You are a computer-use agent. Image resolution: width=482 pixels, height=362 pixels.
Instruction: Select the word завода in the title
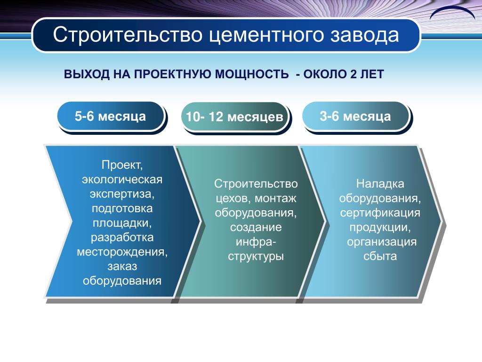coord(365,35)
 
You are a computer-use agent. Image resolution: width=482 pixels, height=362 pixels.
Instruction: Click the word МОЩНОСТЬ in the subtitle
coord(251,74)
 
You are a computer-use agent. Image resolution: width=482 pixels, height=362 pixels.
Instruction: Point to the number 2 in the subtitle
coord(353,74)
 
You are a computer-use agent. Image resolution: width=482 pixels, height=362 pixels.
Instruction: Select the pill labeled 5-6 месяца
coord(111,117)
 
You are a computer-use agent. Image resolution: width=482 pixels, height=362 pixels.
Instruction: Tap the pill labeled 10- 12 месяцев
coord(235,117)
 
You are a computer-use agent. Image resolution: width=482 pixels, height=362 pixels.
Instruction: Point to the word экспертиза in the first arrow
coord(122,194)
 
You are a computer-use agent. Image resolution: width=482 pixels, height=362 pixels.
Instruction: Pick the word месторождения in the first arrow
coord(122,252)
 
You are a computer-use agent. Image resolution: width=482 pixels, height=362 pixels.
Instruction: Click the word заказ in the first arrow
coord(122,266)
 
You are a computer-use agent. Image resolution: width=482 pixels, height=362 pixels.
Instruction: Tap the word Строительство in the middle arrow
coord(256,183)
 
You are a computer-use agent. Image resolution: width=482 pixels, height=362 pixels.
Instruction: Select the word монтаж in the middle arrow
coord(275,198)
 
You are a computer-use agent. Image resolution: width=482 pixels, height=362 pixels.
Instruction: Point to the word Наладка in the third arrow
coord(380,184)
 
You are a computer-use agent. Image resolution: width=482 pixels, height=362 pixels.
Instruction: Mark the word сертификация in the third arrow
coord(380,213)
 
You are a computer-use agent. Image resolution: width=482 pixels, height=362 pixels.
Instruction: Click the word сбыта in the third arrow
coord(380,256)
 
